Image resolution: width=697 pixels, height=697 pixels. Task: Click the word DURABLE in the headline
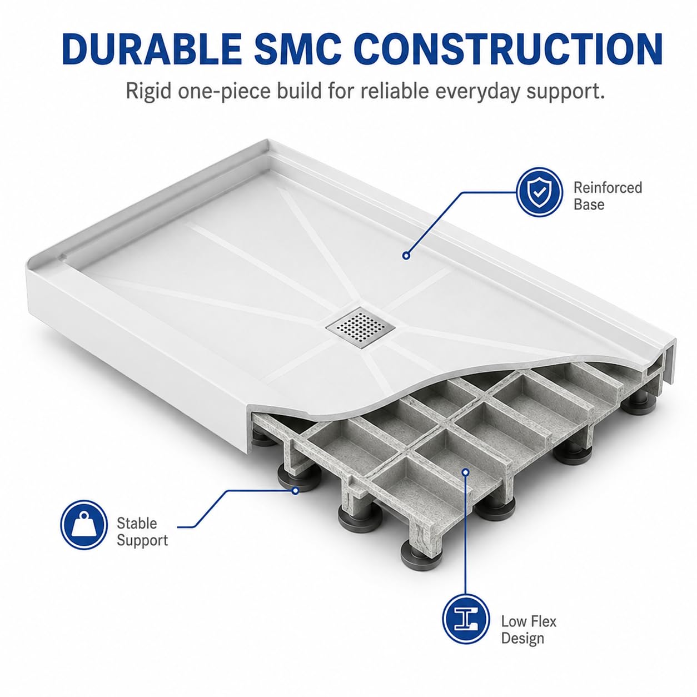152,49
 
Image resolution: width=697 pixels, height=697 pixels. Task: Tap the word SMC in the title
297,49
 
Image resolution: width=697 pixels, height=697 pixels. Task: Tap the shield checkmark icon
539,192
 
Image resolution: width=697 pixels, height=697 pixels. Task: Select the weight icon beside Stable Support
84,525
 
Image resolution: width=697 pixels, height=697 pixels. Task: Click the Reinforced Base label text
608,196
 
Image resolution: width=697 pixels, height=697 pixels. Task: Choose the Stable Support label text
142,532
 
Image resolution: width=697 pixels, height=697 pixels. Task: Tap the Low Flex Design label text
529,630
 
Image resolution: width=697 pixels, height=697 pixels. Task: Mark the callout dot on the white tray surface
406,255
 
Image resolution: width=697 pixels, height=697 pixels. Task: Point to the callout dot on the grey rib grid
466,472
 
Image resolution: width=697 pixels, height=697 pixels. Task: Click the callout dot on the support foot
296,491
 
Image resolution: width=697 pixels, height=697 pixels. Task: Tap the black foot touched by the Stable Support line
299,477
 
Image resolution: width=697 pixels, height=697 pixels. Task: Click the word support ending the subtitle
565,92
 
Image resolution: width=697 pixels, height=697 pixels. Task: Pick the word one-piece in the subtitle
224,92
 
